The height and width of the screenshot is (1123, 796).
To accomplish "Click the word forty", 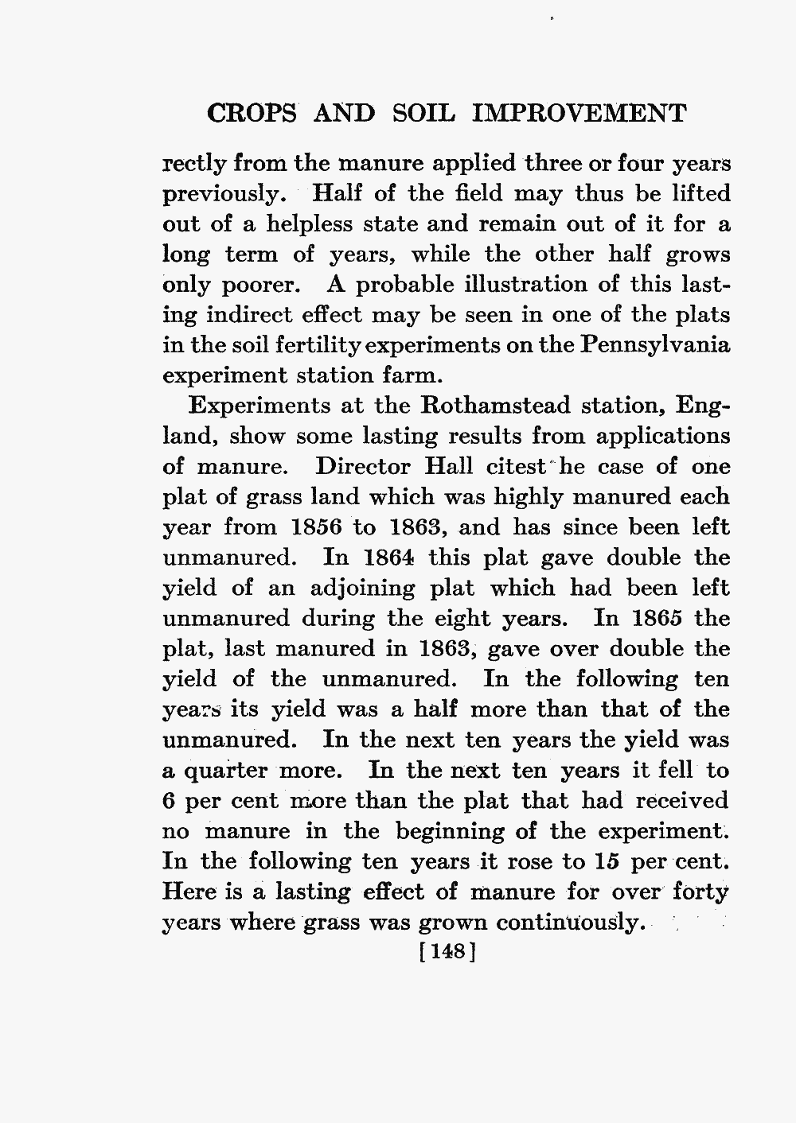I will click(699, 892).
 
